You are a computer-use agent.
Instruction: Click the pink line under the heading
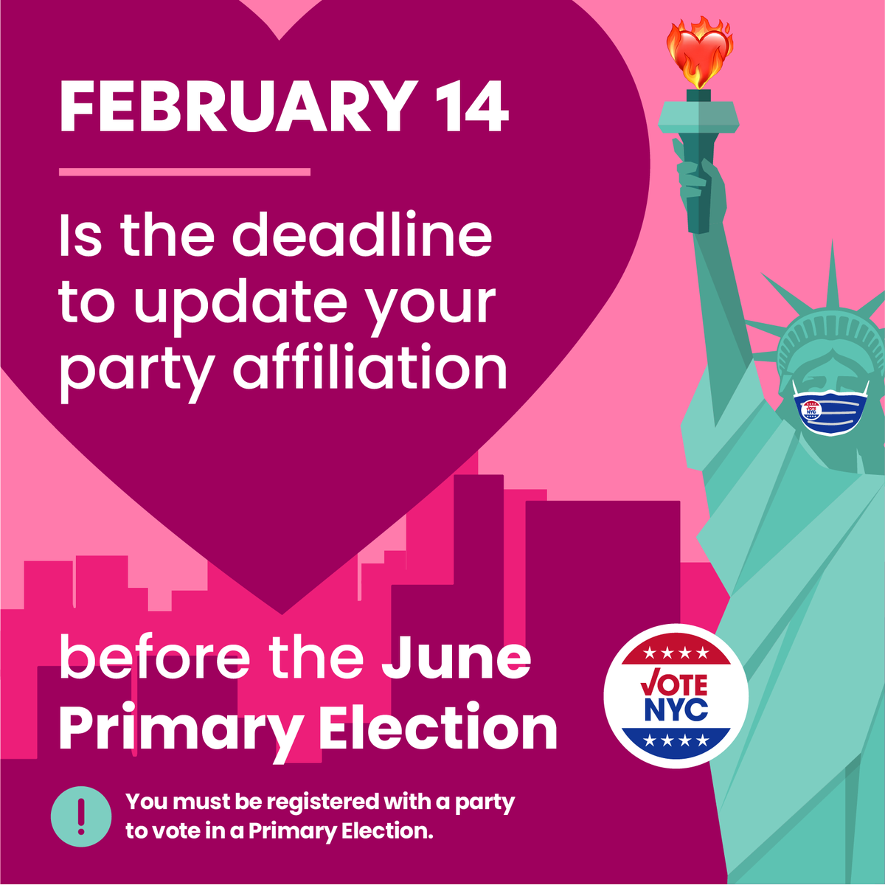coord(184,173)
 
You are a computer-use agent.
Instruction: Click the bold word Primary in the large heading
coord(181,729)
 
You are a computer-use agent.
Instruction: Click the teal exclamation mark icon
coord(81,816)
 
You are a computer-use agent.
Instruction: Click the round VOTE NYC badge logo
coord(676,695)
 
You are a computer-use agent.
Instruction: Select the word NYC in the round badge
coord(676,709)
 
